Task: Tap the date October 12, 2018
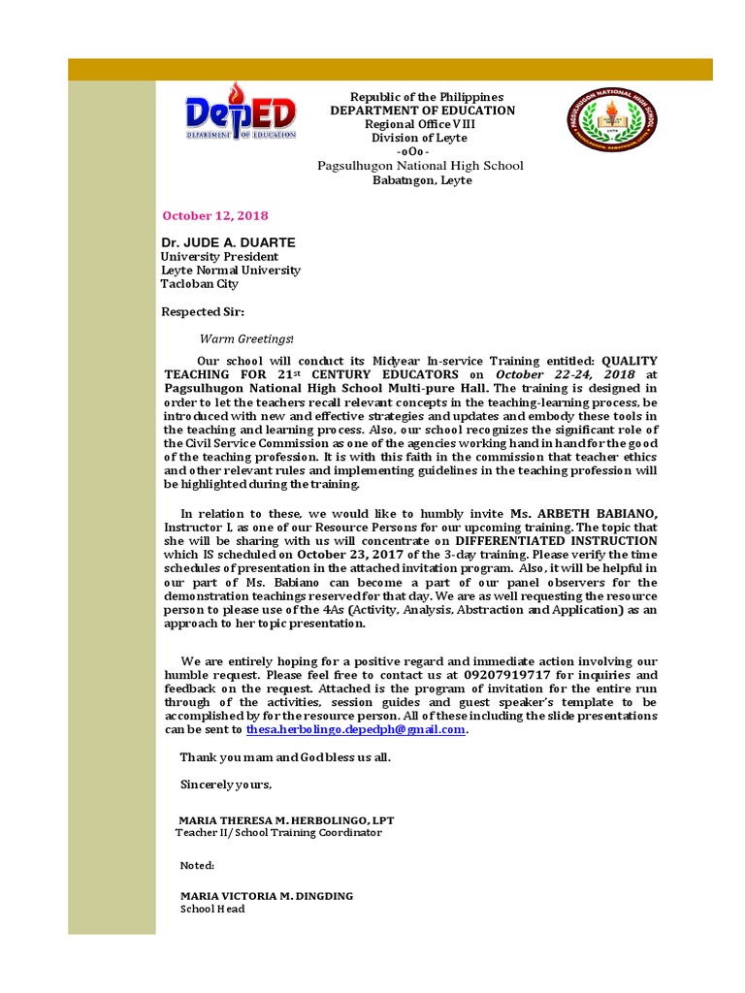point(214,215)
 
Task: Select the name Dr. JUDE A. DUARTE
point(228,241)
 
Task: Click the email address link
point(356,729)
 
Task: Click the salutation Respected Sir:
point(203,312)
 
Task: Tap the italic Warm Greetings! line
point(246,338)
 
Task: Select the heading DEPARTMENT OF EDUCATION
point(422,111)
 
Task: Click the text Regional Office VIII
point(421,125)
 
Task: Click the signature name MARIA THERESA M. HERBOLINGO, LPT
point(287,819)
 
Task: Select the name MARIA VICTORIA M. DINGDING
point(267,895)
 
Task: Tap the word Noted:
point(198,865)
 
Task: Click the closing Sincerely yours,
point(226,784)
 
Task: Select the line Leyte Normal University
point(230,271)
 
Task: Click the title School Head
point(212,910)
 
